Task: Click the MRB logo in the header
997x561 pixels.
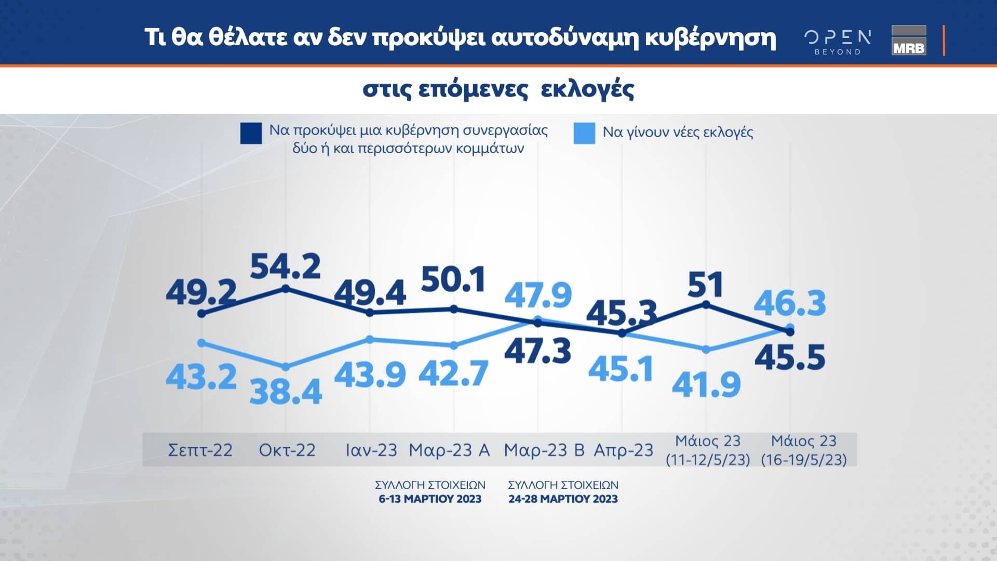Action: tap(909, 41)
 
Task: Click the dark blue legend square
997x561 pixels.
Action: tap(251, 133)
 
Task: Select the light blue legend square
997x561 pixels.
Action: tap(584, 133)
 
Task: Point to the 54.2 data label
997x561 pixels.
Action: tap(285, 267)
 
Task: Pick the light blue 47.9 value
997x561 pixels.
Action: tap(538, 295)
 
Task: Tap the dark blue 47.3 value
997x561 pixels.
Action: tap(537, 351)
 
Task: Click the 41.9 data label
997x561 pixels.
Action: tap(706, 385)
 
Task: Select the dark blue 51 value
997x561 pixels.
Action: tap(705, 285)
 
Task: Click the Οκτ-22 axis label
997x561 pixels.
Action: tap(287, 450)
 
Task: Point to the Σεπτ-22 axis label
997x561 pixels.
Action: tap(200, 450)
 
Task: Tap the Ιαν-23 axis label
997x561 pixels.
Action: tap(371, 450)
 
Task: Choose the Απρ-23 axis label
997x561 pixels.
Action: tap(623, 450)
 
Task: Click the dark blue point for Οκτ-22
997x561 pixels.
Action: tap(285, 288)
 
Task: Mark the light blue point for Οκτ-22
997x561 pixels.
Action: tap(285, 367)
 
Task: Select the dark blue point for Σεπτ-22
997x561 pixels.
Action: tap(201, 314)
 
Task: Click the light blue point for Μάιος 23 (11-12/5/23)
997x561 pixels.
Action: tap(706, 350)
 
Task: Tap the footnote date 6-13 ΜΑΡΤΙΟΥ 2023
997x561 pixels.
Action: tap(430, 499)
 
